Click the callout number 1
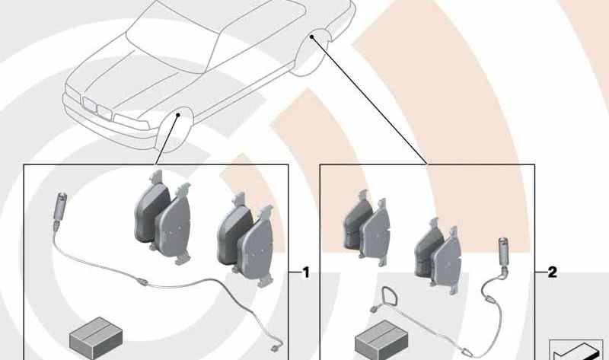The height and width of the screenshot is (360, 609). [305, 272]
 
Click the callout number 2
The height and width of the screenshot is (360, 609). [552, 272]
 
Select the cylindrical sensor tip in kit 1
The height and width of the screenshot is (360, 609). [59, 205]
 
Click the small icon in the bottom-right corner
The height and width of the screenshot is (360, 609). [575, 350]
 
